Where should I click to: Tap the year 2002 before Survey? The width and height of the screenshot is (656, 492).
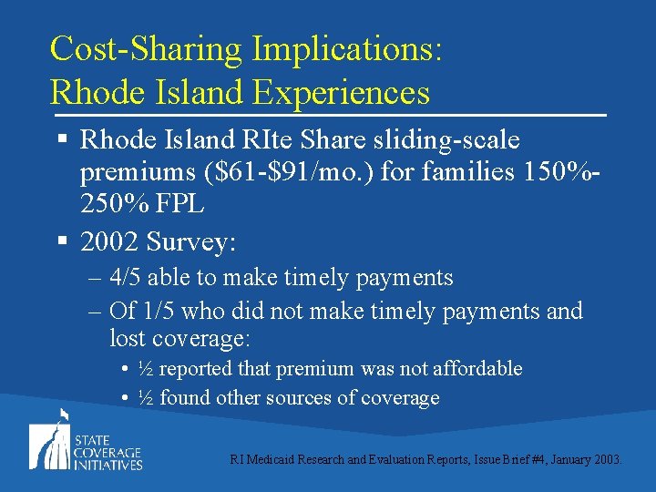tap(110, 241)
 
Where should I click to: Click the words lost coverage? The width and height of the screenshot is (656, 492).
tap(179, 339)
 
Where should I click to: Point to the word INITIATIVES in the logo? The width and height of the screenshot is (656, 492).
tap(108, 465)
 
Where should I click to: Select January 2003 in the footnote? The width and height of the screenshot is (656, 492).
tap(588, 460)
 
